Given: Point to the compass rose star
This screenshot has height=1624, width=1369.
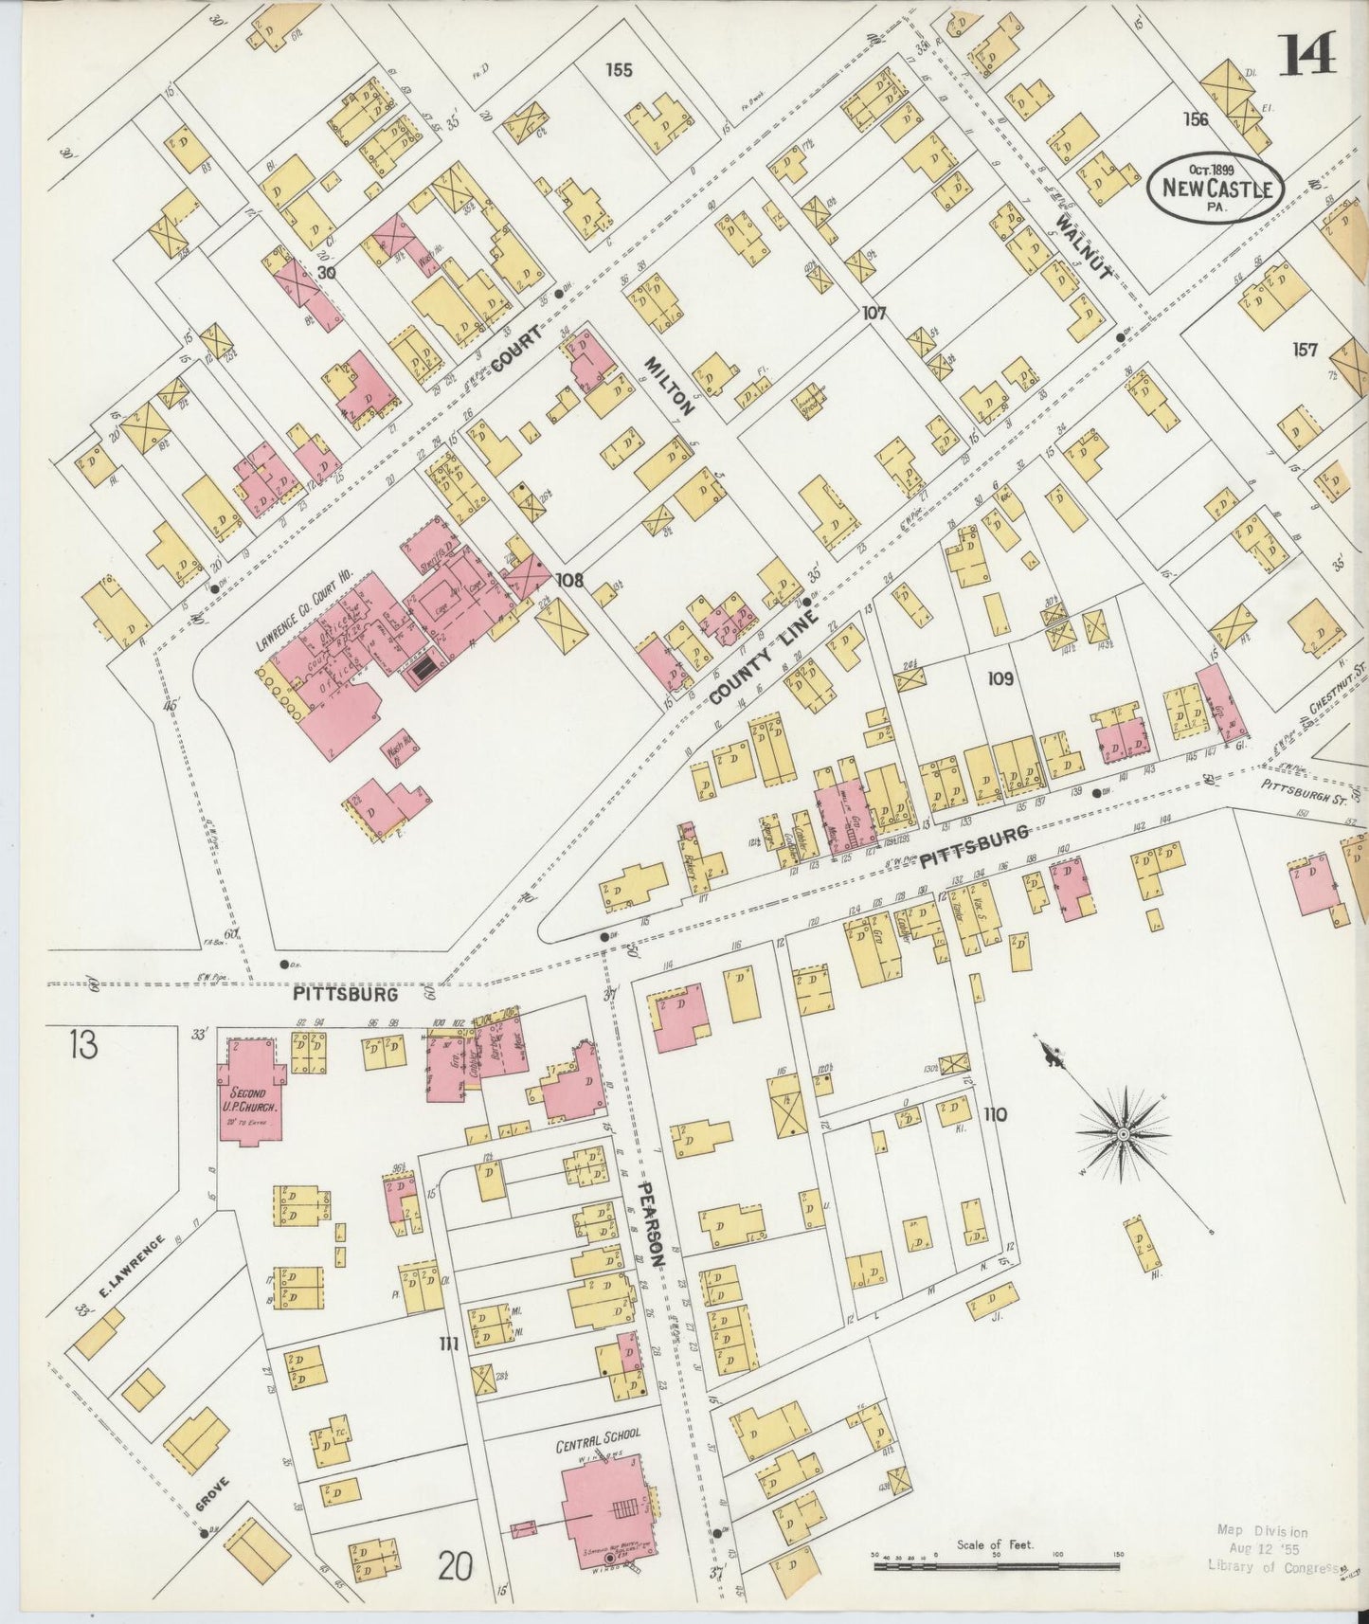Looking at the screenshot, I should pyautogui.click(x=1124, y=1133).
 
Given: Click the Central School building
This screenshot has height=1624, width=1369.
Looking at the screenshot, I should pyautogui.click(x=603, y=1508).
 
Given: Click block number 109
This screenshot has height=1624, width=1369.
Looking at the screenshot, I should pyautogui.click(x=1000, y=678).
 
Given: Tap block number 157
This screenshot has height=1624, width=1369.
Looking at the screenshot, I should pyautogui.click(x=1305, y=350).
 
